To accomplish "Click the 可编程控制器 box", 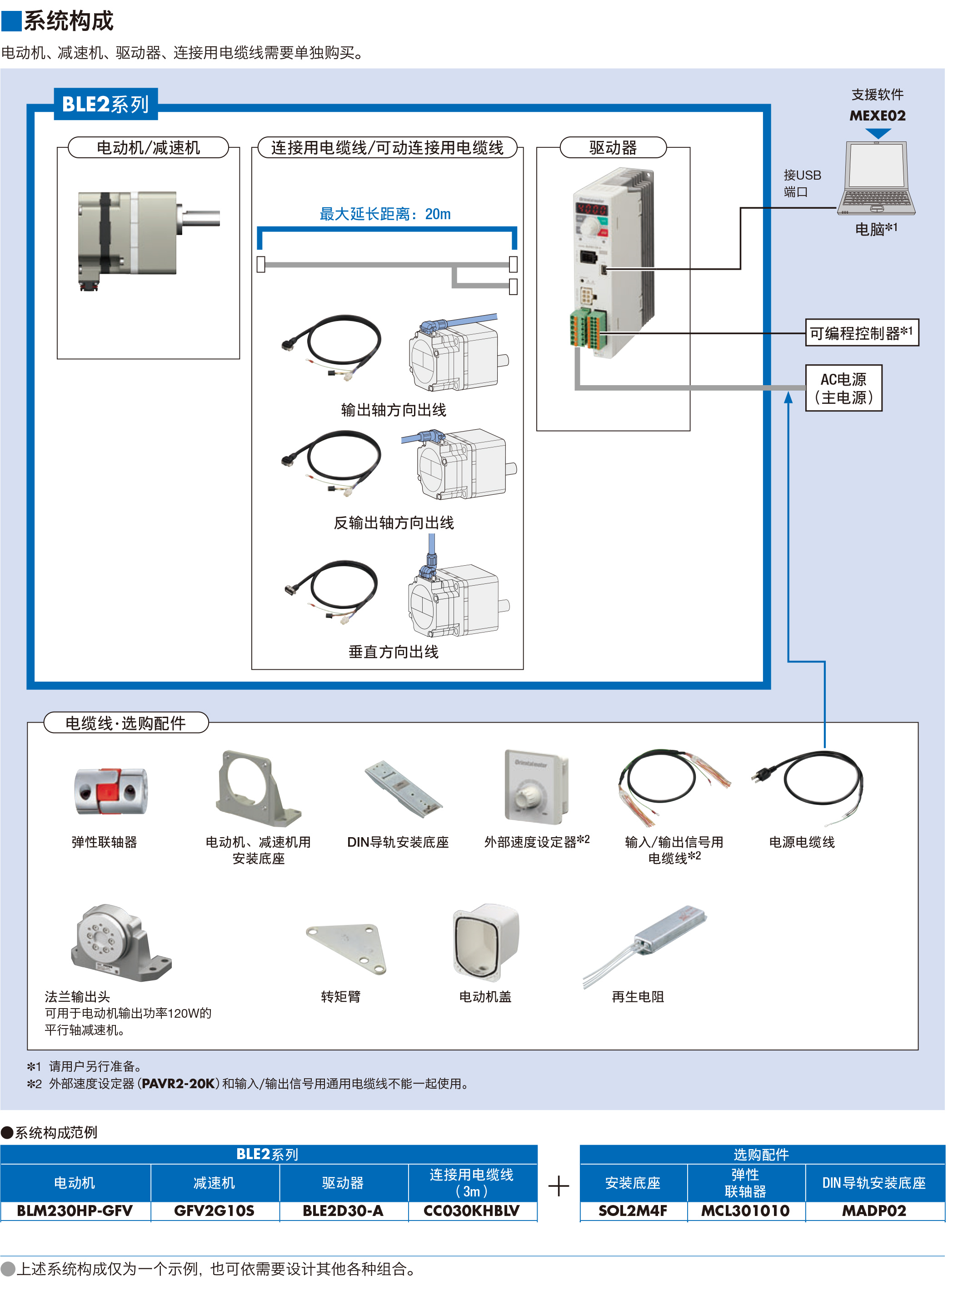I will [x=861, y=333].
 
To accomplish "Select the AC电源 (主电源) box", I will [x=843, y=388].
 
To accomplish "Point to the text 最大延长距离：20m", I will [x=385, y=214].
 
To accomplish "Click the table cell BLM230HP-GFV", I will [x=75, y=1211].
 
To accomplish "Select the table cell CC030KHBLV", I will [x=472, y=1211].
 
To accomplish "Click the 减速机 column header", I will [x=215, y=1183].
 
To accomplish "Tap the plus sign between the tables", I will [x=559, y=1186].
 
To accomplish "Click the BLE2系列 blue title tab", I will [x=105, y=105].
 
